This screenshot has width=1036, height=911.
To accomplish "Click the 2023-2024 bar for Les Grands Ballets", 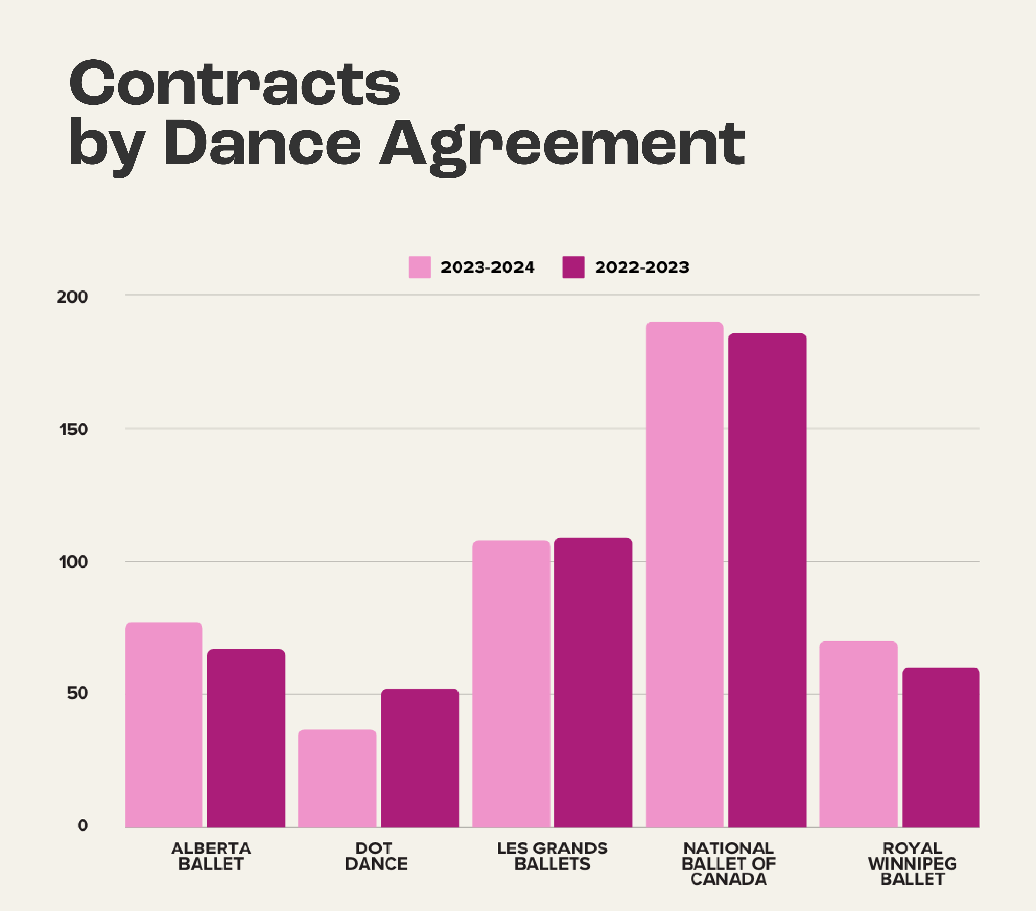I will [x=511, y=684].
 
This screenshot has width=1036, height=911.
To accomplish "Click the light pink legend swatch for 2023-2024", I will [x=419, y=267].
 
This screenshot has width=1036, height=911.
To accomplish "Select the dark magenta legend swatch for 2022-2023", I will [x=573, y=267].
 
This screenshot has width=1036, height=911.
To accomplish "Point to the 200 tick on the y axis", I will [x=72, y=297].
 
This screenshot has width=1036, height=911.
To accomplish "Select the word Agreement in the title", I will [x=563, y=145].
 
